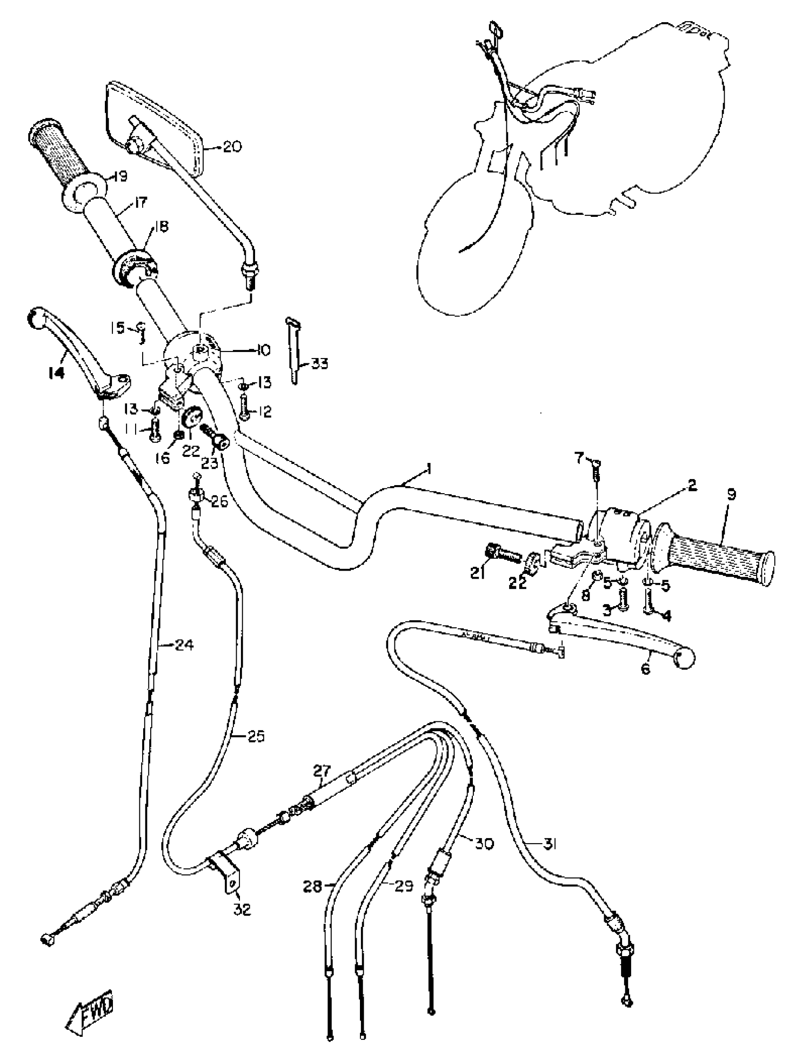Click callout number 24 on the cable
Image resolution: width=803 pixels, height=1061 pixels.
click(x=184, y=645)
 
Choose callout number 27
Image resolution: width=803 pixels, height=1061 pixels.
click(x=322, y=771)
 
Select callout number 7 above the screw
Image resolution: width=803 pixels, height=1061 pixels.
click(x=580, y=460)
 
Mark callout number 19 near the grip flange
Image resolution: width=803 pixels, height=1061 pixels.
click(x=120, y=177)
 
